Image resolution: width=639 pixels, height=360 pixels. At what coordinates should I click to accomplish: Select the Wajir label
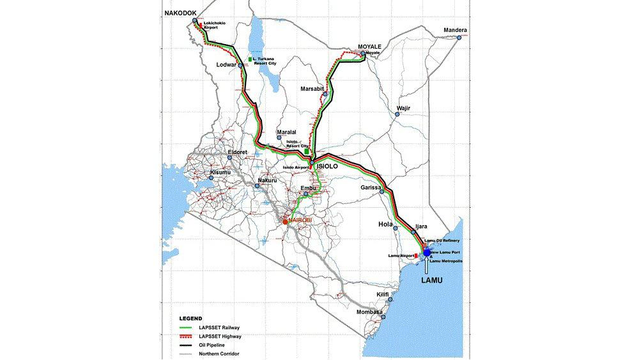pyautogui.click(x=403, y=108)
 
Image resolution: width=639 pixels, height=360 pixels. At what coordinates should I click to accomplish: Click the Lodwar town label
pyautogui.click(x=227, y=65)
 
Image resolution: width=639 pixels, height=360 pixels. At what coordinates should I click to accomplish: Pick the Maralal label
pyautogui.click(x=286, y=132)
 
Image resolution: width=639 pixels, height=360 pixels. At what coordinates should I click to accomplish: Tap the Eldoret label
pyautogui.click(x=238, y=152)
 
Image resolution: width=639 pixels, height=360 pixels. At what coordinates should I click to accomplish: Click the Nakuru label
pyautogui.click(x=270, y=180)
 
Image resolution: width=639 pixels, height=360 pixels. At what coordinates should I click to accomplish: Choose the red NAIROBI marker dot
pyautogui.click(x=286, y=221)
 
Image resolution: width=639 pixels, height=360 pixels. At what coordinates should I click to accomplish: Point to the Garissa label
pyautogui.click(x=371, y=188)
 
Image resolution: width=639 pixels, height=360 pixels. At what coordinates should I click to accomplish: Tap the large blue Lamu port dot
pyautogui.click(x=427, y=253)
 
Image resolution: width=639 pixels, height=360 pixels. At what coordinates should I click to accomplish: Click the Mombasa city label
pyautogui.click(x=369, y=312)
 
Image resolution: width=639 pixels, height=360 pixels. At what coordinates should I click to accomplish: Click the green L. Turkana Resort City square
pyautogui.click(x=249, y=59)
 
